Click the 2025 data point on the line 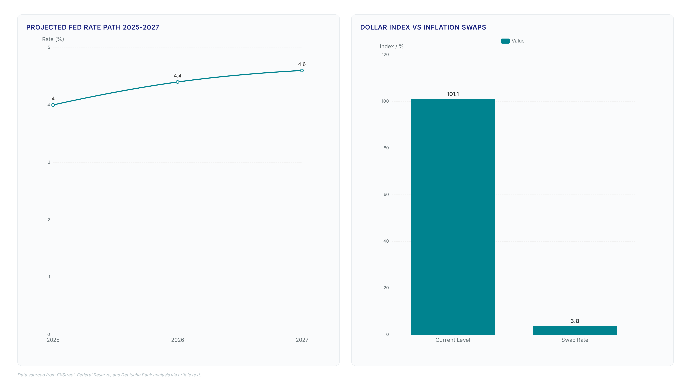[x=53, y=105]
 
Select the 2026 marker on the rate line [x=178, y=82]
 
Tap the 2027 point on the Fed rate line [x=302, y=71]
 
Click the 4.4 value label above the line [x=178, y=76]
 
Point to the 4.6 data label [x=302, y=64]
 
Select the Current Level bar [x=453, y=217]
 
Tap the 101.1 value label [x=453, y=94]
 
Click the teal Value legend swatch [x=505, y=41]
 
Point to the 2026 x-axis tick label [x=178, y=340]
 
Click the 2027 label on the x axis [x=302, y=340]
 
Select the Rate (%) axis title [x=53, y=39]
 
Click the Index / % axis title [x=392, y=46]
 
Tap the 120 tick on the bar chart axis [x=385, y=55]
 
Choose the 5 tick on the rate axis [x=49, y=48]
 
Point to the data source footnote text [x=109, y=375]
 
